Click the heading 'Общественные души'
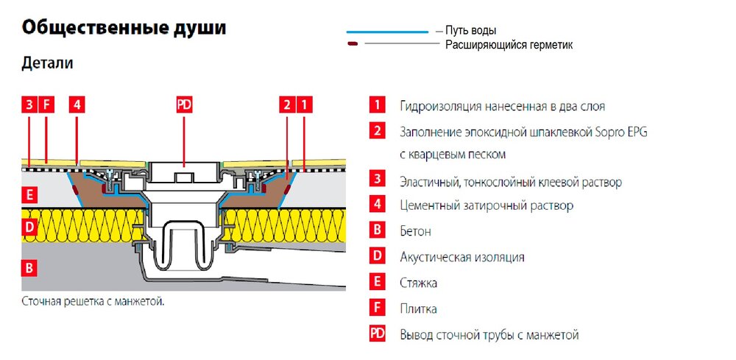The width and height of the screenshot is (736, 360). tap(124, 29)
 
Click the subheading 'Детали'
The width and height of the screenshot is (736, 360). tap(48, 64)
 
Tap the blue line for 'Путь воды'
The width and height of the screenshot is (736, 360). tap(387, 32)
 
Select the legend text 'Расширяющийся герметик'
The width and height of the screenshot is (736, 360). tap(509, 45)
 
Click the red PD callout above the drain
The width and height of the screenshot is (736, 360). tap(184, 105)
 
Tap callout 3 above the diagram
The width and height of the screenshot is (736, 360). tap(29, 105)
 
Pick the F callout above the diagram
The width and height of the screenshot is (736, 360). tap(46, 105)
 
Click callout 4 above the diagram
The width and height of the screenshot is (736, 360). tap(77, 105)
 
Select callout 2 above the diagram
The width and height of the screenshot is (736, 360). tap(288, 105)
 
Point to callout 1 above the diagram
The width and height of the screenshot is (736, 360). tap(305, 105)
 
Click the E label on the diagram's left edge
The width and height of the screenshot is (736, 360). tap(29, 197)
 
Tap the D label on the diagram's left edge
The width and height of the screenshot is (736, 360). tap(29, 227)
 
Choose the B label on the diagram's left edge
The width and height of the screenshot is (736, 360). tap(29, 267)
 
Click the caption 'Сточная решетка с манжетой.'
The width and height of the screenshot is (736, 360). tap(93, 301)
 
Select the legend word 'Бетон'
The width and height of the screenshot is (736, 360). tap(416, 231)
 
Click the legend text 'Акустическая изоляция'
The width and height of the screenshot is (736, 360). tap(462, 257)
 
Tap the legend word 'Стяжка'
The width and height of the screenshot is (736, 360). tap(419, 283)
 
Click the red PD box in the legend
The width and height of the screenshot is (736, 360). tap(377, 334)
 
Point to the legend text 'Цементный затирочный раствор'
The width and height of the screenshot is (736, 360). tap(486, 205)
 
